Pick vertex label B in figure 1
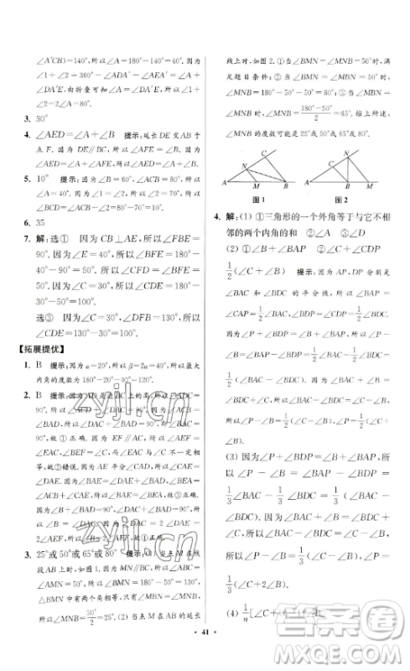pos(288,182)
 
